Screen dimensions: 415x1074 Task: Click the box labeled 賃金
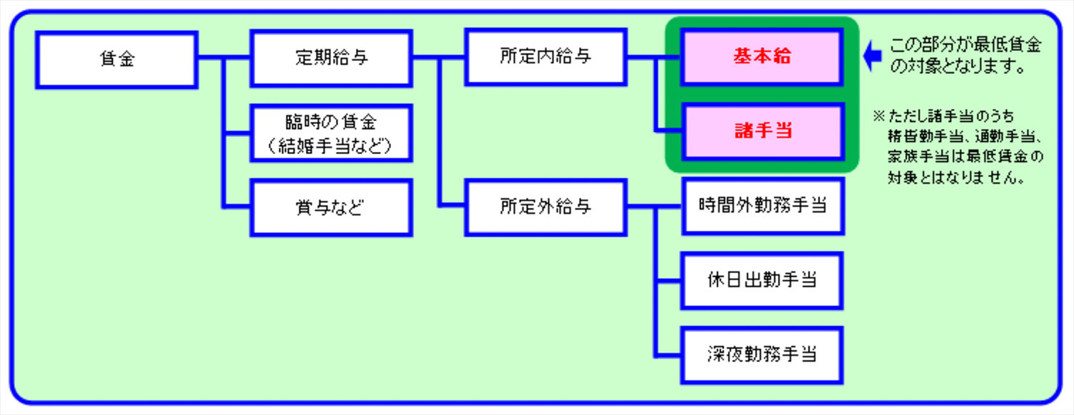117,59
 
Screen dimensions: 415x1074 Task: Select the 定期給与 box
331,58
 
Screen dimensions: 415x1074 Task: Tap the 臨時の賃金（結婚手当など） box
331,133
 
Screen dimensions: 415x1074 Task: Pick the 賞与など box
331,208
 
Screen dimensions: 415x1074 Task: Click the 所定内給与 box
546,57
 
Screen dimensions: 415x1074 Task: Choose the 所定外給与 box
546,207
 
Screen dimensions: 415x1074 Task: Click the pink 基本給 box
762,57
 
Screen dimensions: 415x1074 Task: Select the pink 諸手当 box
762,132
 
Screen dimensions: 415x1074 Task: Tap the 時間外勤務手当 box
762,206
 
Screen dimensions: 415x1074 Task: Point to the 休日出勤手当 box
762,280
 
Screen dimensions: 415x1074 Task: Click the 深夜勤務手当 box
762,355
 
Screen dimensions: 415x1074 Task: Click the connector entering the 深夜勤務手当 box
668,355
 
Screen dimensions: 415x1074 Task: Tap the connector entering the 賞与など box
237,208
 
